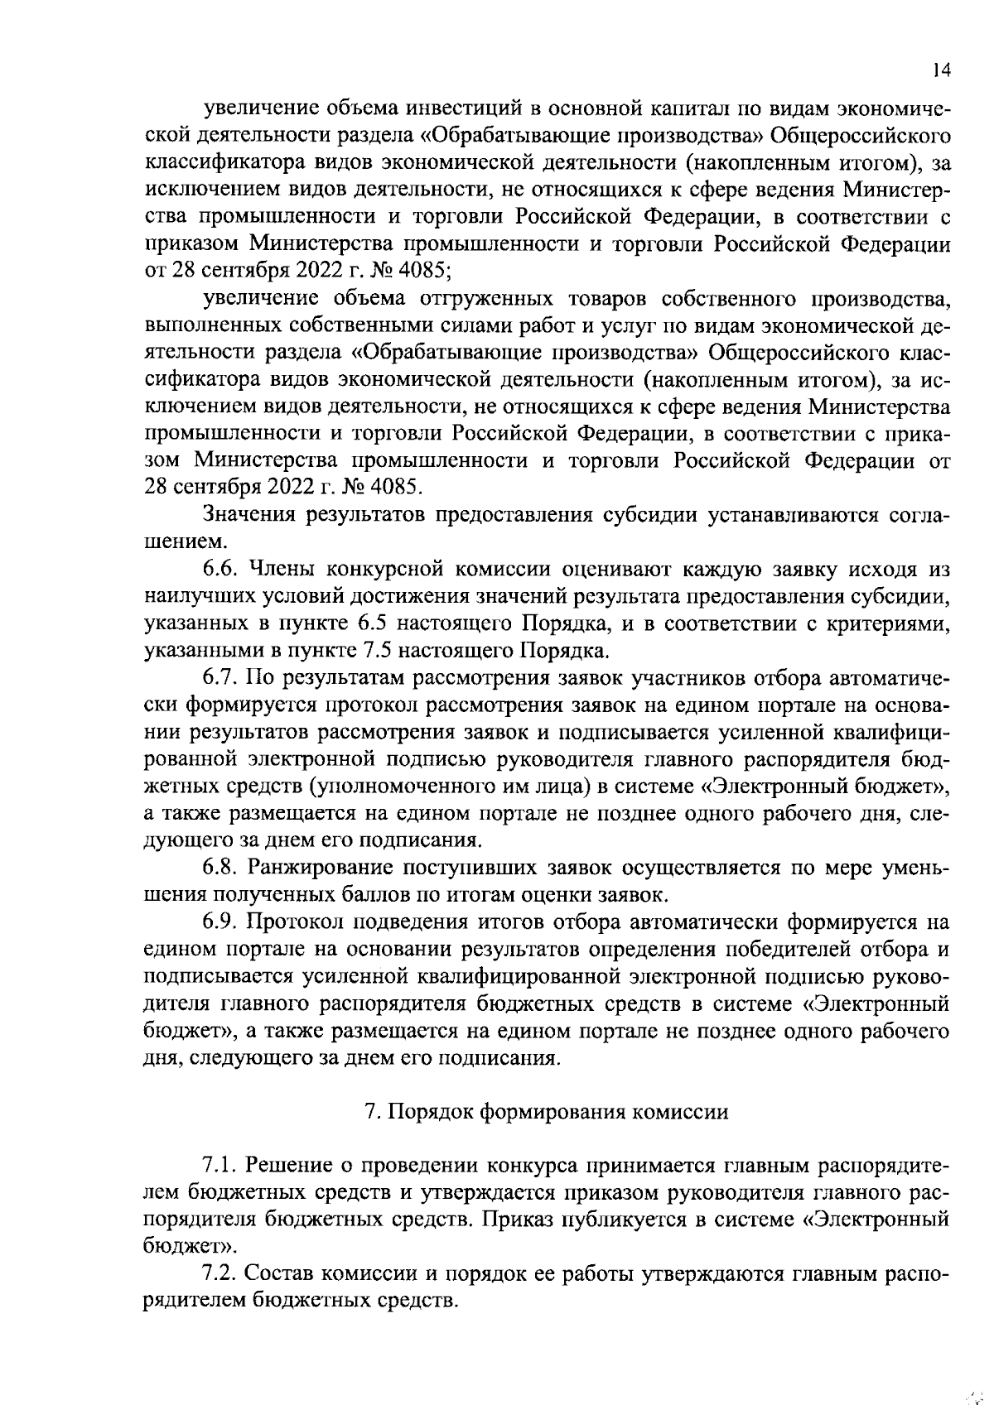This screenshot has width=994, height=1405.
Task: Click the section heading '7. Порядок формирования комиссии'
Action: coord(547,1112)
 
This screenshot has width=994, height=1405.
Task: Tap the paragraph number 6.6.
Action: coord(220,570)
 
